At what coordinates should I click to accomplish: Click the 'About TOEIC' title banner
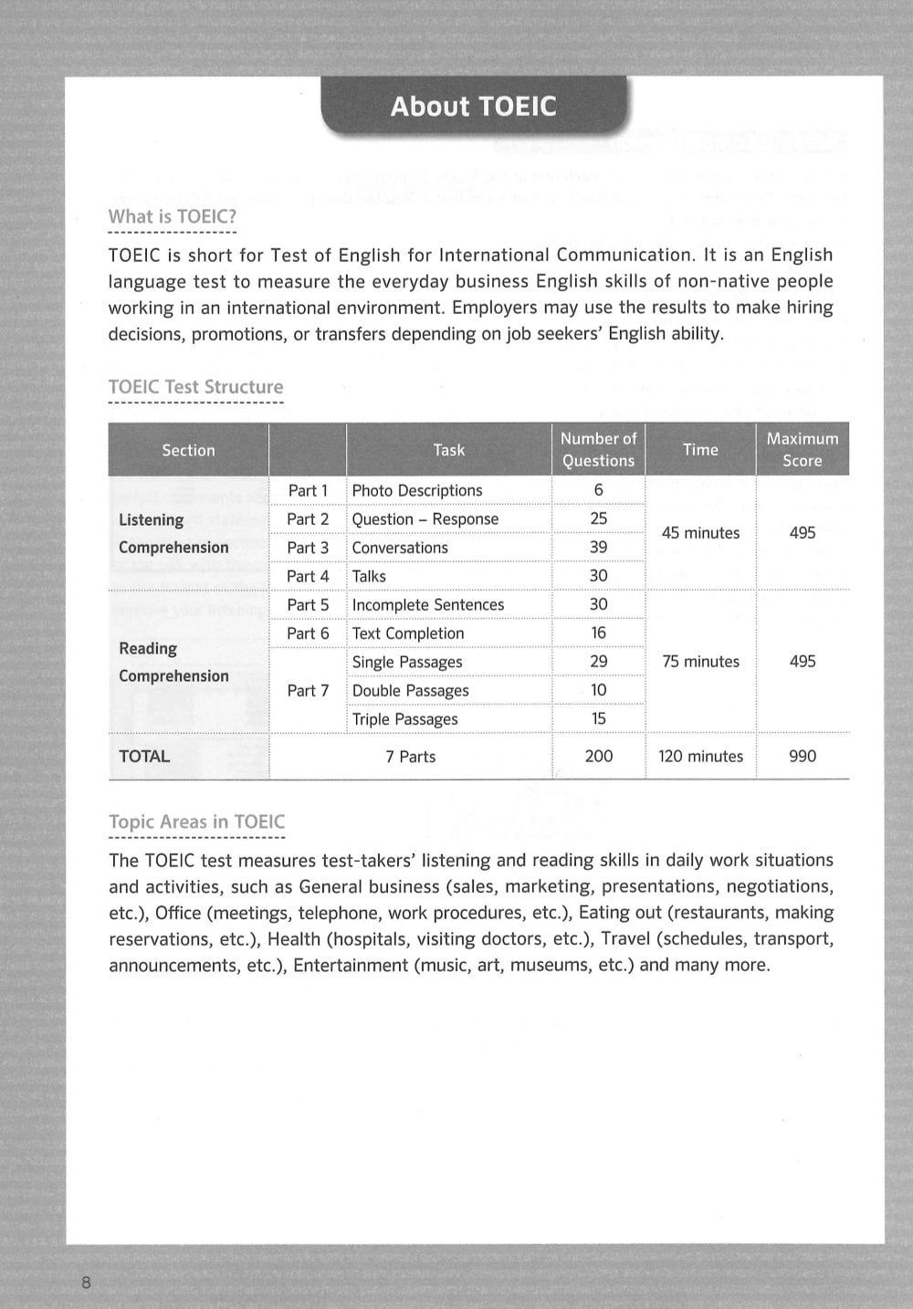473,107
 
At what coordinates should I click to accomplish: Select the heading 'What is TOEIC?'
173,217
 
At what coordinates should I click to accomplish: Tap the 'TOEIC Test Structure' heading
195,387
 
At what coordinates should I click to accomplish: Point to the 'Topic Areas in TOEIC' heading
196,822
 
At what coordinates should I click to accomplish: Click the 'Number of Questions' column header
598,449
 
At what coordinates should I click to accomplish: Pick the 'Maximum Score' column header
802,449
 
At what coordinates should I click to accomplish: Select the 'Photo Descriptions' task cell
417,490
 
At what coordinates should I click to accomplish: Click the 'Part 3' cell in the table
308,548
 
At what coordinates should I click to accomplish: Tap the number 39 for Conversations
598,547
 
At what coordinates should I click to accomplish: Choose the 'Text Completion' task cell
408,634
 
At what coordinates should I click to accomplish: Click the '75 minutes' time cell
700,662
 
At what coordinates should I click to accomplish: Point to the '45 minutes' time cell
700,533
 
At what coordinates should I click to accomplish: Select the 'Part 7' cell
308,691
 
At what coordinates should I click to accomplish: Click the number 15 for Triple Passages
598,718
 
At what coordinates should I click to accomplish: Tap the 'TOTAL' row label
144,756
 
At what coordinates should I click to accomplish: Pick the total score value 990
802,756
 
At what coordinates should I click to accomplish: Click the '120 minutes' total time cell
700,756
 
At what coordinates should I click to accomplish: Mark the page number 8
87,1283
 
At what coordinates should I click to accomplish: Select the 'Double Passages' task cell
410,691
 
